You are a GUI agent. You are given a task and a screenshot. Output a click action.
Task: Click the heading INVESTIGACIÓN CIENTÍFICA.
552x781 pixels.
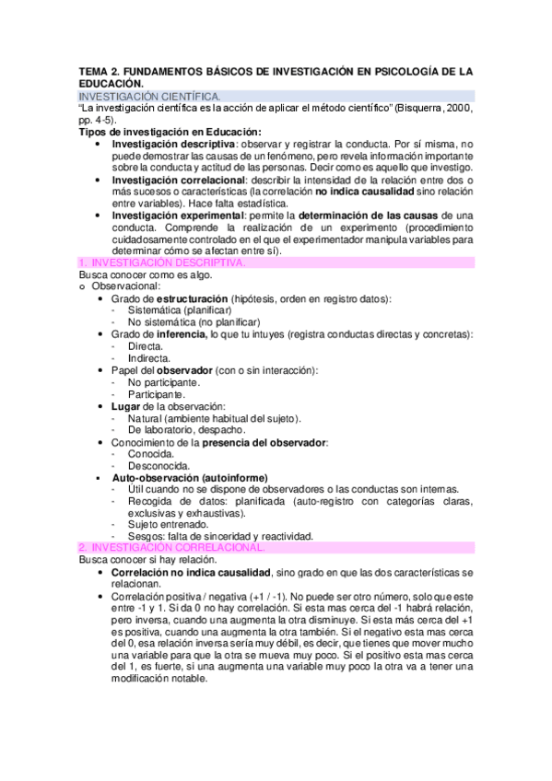(x=149, y=96)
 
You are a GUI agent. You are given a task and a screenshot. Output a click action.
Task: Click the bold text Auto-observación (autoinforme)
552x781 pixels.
(x=189, y=477)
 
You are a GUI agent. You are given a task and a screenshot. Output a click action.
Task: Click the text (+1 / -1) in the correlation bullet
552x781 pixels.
(x=243, y=596)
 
